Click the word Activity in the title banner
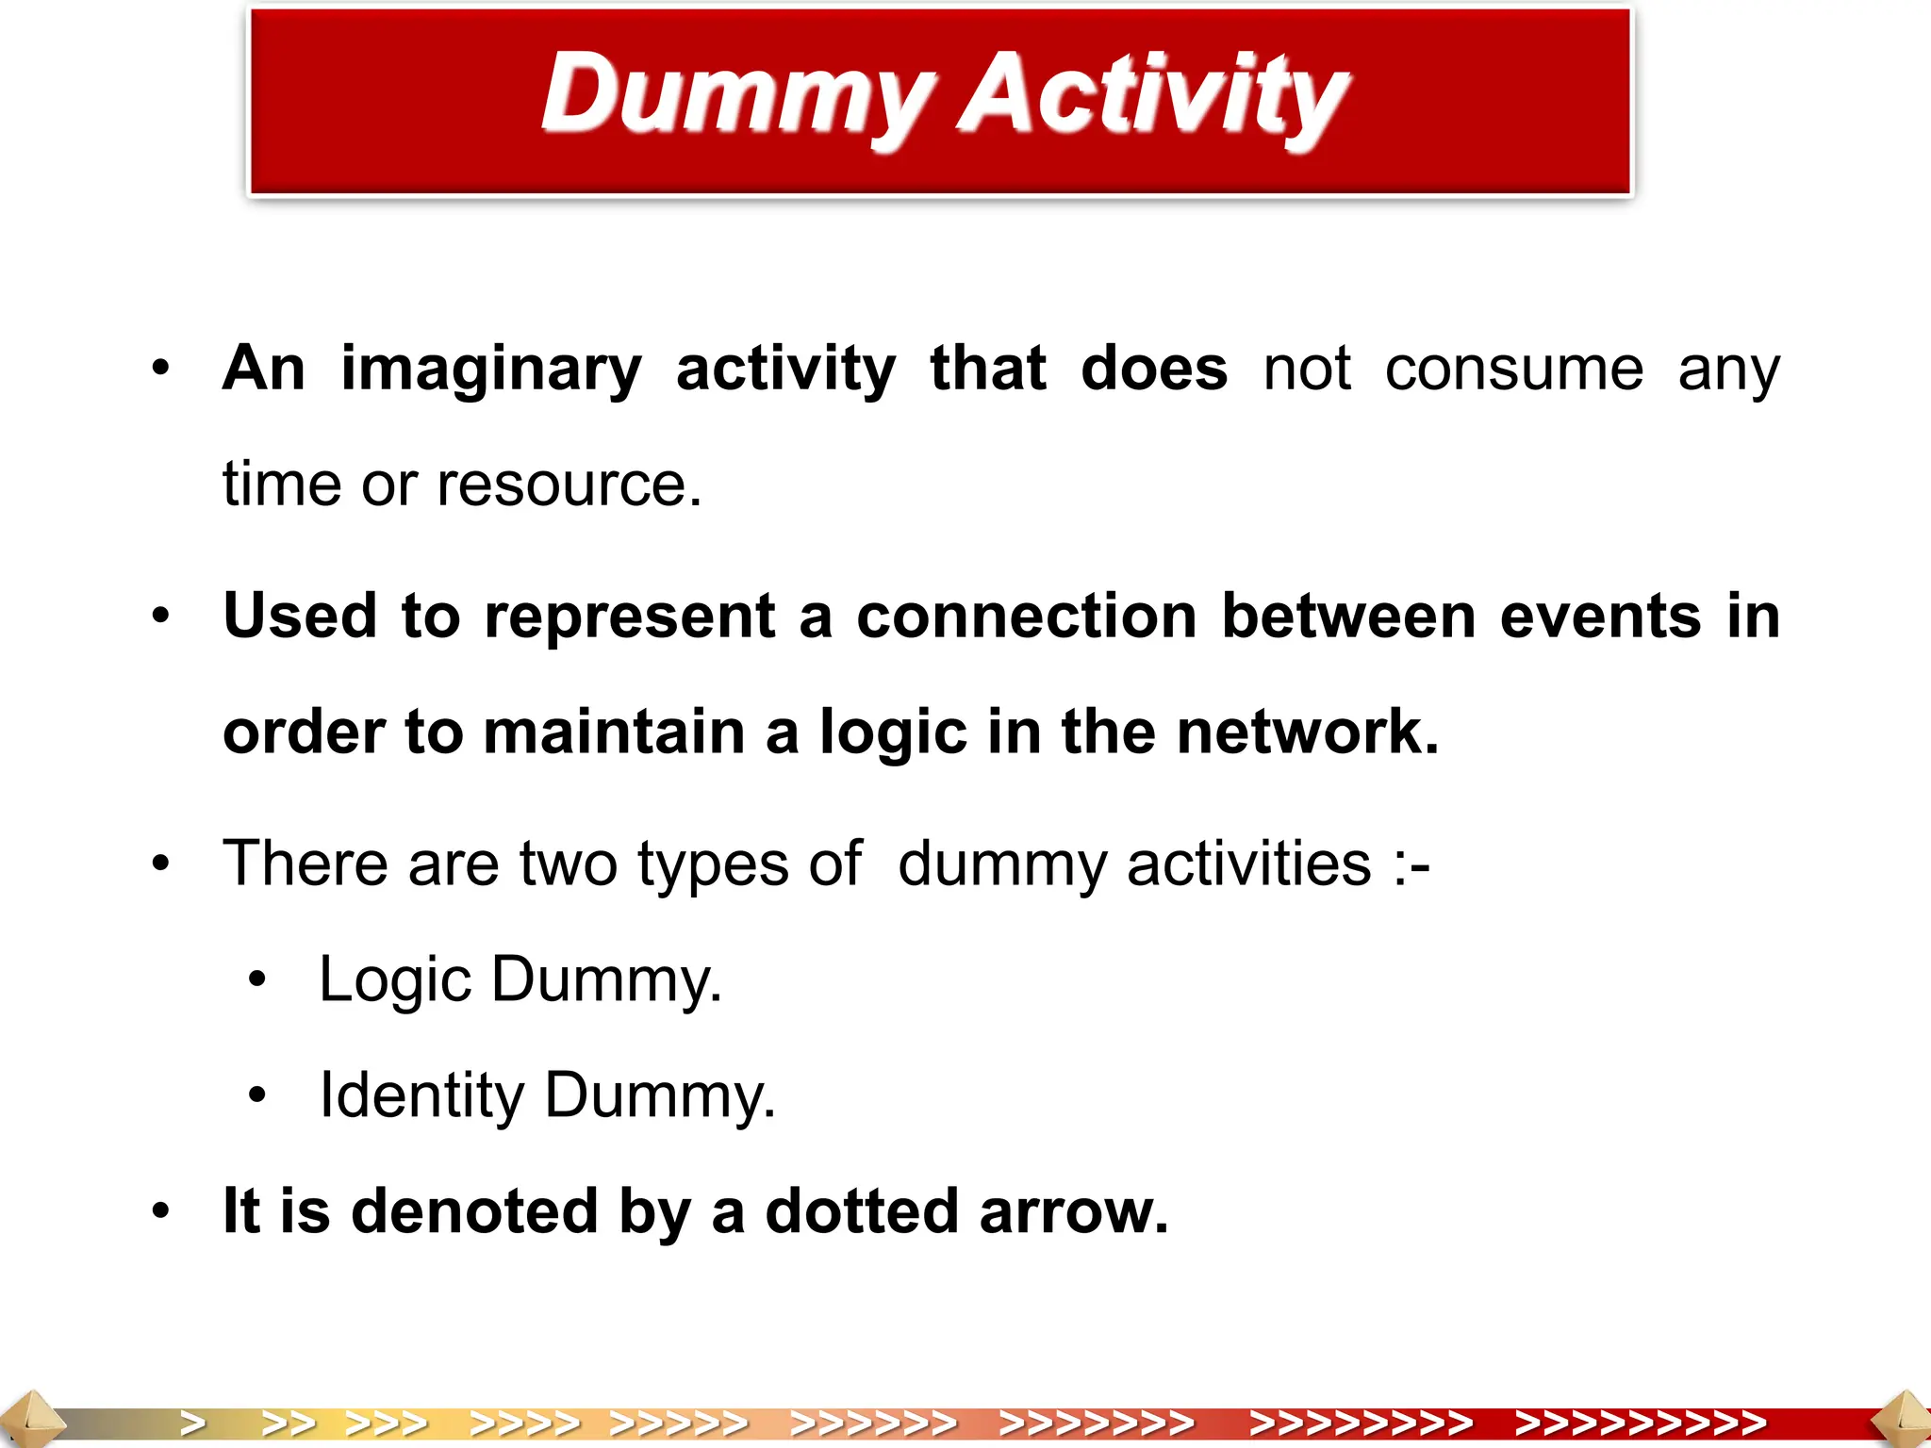pyautogui.click(x=1152, y=94)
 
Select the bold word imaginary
pyautogui.click(x=490, y=370)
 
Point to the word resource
pyautogui.click(x=569, y=485)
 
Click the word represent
pyautogui.click(x=630, y=617)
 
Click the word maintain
pyautogui.click(x=614, y=732)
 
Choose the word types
pyautogui.click(x=713, y=865)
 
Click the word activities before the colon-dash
pyautogui.click(x=1248, y=864)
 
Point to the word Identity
pyautogui.click(x=421, y=1096)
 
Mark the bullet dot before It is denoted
pyautogui.click(x=161, y=1211)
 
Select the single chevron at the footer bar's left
pyautogui.click(x=193, y=1423)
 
